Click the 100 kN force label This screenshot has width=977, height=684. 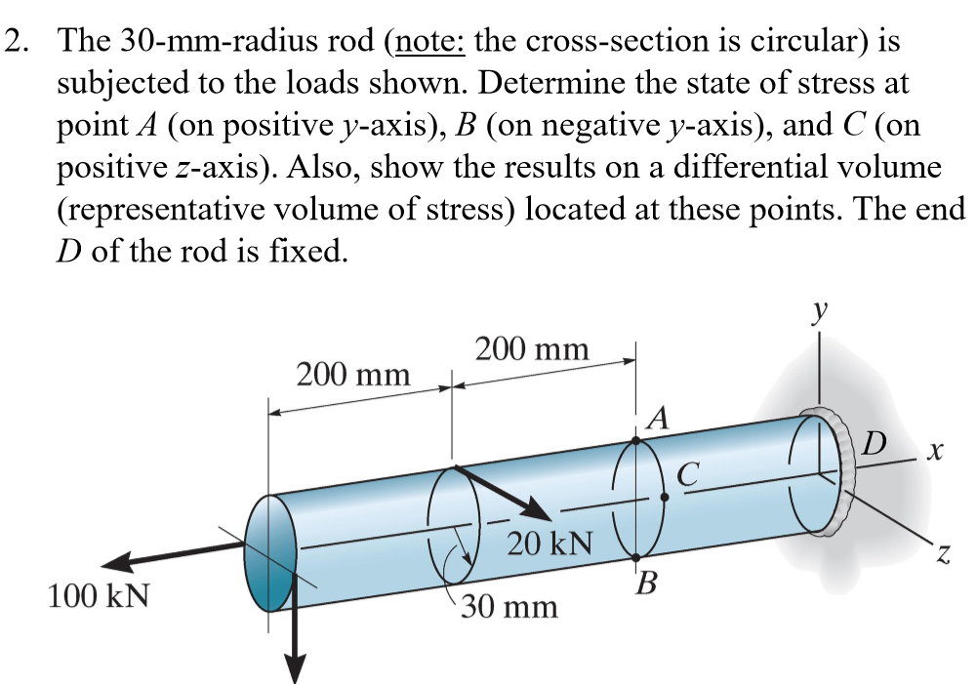click(99, 595)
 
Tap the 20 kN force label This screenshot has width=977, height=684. click(550, 542)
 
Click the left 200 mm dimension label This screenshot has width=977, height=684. click(352, 374)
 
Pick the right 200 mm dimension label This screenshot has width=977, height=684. click(532, 348)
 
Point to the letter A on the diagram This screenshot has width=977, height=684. click(659, 420)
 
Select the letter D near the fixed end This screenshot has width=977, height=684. click(875, 445)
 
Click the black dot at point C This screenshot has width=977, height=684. click(664, 497)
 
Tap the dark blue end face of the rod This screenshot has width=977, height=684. click(270, 552)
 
